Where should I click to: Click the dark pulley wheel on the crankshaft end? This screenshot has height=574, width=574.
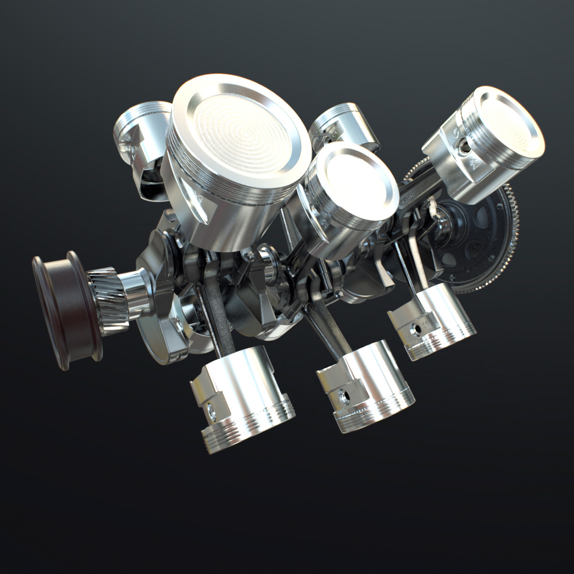coord(64,311)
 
